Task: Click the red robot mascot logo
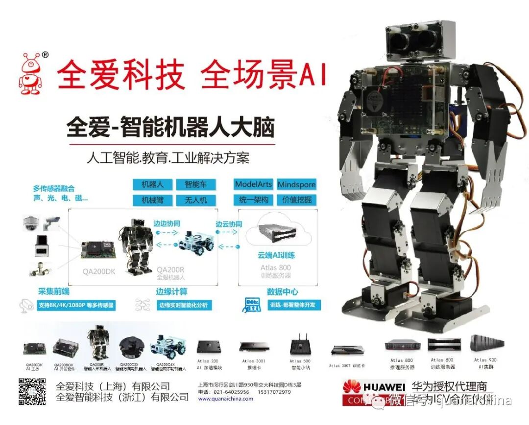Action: click(31, 73)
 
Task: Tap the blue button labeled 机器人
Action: click(152, 184)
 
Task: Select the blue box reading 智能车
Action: click(195, 184)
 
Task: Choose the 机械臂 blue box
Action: click(152, 200)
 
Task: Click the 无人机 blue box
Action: click(195, 200)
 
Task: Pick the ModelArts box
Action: click(253, 184)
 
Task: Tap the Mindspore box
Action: click(296, 184)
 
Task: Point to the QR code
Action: click(32, 391)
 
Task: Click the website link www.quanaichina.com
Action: click(226, 399)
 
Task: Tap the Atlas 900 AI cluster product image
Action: click(484, 343)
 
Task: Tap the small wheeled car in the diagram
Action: click(196, 241)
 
